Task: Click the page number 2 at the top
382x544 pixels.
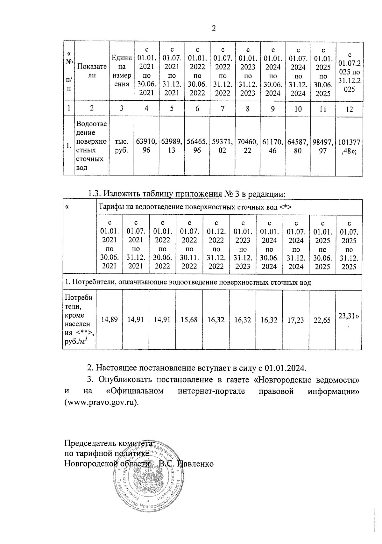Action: pos(214,28)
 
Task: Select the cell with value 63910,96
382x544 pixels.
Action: pos(146,146)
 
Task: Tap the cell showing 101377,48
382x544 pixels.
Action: pos(349,146)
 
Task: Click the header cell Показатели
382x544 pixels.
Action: pos(92,71)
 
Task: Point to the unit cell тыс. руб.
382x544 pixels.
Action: pos(121,146)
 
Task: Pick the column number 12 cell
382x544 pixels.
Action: pos(349,109)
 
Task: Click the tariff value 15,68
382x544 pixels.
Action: pos(189,319)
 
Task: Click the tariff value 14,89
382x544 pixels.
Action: pos(109,319)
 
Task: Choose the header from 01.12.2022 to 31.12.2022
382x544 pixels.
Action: pos(216,245)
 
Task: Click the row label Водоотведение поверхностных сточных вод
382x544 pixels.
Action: pos(92,146)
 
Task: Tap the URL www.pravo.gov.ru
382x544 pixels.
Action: pos(102,402)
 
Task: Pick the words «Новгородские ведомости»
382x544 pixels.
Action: pos(308,380)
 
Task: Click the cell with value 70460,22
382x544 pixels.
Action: pos(247,146)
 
